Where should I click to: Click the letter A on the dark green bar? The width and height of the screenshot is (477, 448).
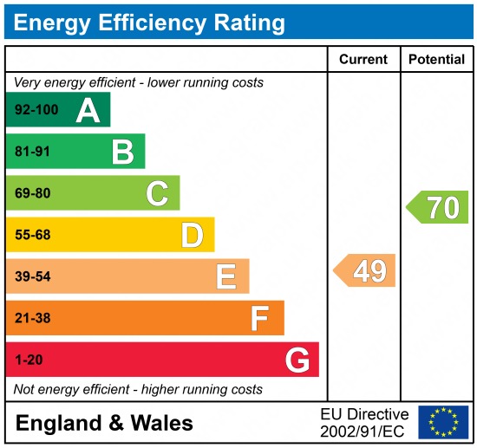click(88, 110)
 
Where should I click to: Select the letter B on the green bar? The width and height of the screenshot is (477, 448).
click(122, 152)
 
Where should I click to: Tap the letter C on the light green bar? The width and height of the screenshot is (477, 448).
click(157, 193)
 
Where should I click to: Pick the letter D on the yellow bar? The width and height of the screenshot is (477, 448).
click(192, 235)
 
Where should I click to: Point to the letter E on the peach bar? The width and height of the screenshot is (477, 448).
click(226, 276)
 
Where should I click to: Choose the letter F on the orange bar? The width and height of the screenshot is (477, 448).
click(260, 318)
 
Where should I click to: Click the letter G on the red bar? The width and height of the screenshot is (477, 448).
click(297, 360)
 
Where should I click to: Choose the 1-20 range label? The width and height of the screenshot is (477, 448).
click(29, 360)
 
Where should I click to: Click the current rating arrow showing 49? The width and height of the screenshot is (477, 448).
click(365, 270)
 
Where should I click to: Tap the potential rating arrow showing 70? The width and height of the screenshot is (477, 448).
click(438, 207)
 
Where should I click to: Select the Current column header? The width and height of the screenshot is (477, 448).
click(363, 60)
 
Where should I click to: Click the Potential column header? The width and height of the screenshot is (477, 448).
click(437, 60)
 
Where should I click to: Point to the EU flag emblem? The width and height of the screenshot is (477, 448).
click(442, 422)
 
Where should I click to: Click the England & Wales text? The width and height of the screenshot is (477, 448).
click(104, 423)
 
